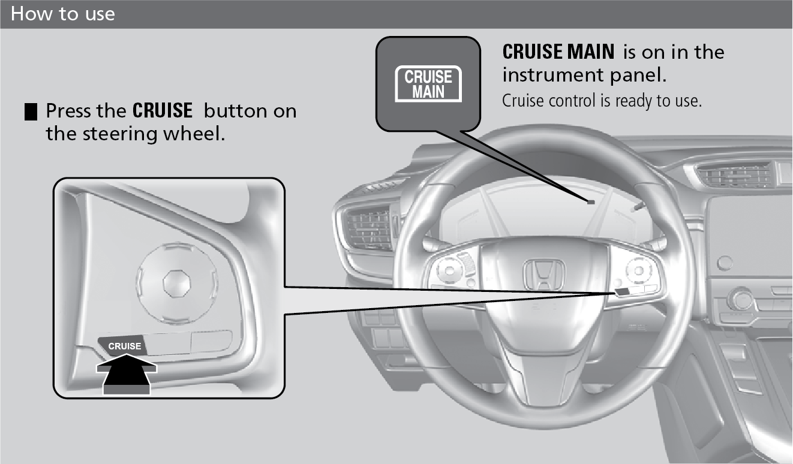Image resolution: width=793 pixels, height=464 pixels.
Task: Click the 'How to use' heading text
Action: click(x=62, y=14)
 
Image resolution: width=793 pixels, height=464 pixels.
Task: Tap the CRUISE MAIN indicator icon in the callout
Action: click(x=428, y=84)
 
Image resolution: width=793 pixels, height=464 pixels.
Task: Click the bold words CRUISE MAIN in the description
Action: click(x=558, y=52)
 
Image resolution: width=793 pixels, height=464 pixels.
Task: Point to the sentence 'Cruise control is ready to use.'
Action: click(x=602, y=101)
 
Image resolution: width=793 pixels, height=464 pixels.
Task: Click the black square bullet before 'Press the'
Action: click(x=31, y=112)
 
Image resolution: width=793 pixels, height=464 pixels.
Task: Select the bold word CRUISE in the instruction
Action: click(x=163, y=110)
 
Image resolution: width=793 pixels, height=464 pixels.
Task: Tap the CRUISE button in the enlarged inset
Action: click(x=122, y=345)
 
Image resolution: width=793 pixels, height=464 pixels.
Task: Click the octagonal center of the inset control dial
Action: click(x=176, y=283)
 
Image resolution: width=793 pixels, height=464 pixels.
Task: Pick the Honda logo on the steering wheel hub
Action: click(x=544, y=275)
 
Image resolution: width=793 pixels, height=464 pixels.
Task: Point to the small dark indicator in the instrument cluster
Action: click(x=591, y=202)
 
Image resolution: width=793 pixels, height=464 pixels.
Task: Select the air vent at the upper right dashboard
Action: click(x=735, y=175)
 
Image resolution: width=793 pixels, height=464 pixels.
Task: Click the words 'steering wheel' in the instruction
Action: click(x=154, y=134)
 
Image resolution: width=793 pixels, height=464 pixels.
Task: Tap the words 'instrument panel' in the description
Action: click(x=584, y=76)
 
